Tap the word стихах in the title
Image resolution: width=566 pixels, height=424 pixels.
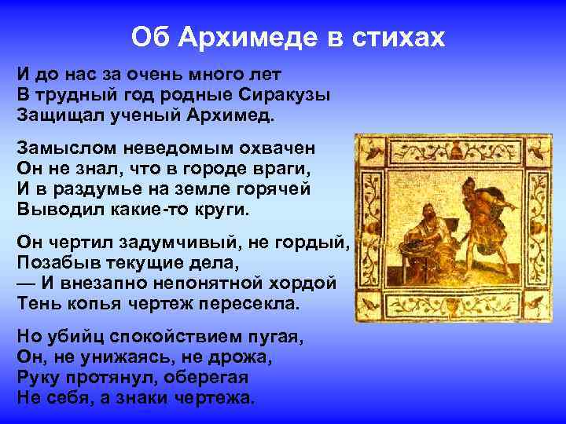pos(401,37)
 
